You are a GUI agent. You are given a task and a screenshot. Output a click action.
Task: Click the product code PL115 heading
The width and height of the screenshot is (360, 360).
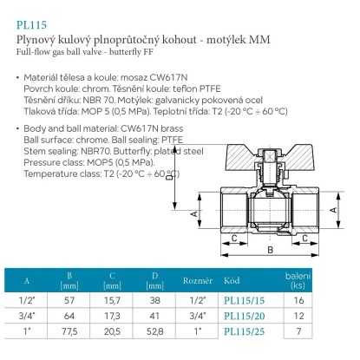click(31, 25)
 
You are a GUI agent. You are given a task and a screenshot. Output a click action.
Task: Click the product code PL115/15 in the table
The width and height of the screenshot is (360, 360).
click(245, 301)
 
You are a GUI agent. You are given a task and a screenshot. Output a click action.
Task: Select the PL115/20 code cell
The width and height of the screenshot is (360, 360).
click(245, 316)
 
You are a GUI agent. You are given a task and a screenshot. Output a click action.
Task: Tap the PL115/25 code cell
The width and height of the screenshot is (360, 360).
click(245, 331)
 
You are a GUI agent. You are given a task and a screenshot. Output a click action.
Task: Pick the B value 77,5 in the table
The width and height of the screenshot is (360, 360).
click(69, 331)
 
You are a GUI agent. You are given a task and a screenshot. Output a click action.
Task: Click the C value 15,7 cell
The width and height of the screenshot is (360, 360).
click(112, 301)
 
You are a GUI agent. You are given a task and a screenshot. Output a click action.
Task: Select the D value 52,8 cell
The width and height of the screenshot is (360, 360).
click(154, 331)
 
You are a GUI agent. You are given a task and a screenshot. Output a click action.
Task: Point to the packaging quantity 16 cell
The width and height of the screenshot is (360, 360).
click(298, 300)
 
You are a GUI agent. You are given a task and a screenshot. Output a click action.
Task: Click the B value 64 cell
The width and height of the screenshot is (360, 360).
click(69, 316)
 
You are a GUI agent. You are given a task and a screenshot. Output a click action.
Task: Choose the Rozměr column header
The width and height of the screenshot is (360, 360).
click(198, 280)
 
